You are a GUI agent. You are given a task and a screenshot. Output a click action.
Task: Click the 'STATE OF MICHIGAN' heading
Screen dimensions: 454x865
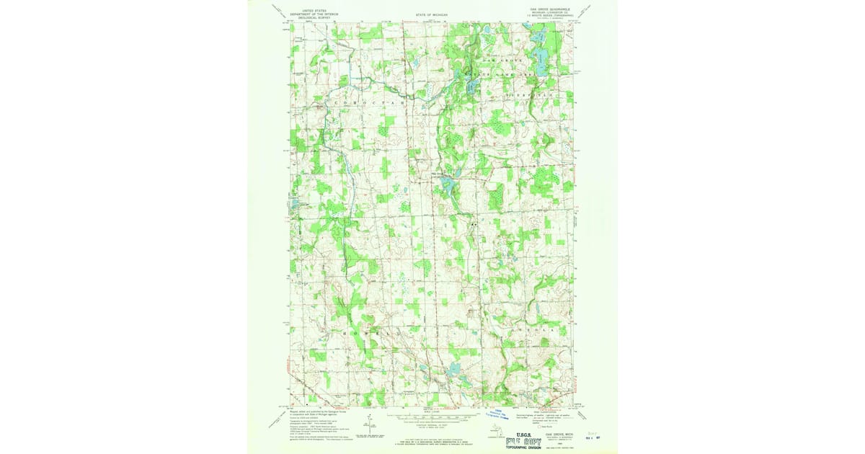(x=432, y=14)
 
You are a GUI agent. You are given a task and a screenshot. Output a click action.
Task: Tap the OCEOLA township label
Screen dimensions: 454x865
(x=533, y=331)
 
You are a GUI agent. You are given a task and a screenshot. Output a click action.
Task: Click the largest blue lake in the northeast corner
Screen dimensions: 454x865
(x=538, y=54)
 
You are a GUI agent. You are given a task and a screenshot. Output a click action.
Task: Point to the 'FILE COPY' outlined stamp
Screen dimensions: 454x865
(x=518, y=437)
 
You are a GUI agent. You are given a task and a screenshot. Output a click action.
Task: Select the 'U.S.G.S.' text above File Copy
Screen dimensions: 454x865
(x=518, y=427)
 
